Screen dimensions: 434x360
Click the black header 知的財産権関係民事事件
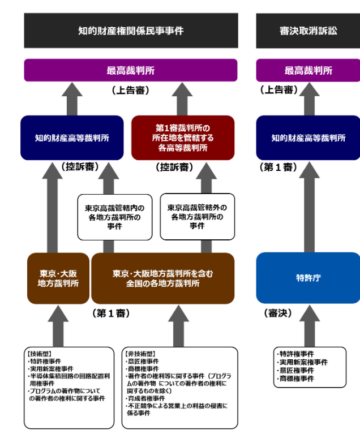point(131,31)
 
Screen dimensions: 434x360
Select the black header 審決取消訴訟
point(308,31)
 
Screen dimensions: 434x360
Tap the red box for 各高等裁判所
point(183,137)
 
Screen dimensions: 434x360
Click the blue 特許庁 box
point(308,278)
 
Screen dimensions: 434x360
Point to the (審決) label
point(277,312)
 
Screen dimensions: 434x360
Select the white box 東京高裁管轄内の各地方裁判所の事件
point(115,216)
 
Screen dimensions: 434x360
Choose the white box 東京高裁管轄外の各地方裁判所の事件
point(197,216)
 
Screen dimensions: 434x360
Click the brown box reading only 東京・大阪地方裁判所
point(58,278)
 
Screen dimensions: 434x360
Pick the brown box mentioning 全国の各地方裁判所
point(163,278)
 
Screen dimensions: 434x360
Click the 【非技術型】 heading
point(139,354)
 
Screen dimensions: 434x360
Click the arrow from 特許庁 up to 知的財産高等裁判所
point(308,206)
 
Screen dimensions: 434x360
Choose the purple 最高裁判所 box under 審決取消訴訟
point(308,71)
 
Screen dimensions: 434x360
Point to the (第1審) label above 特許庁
point(278,167)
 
